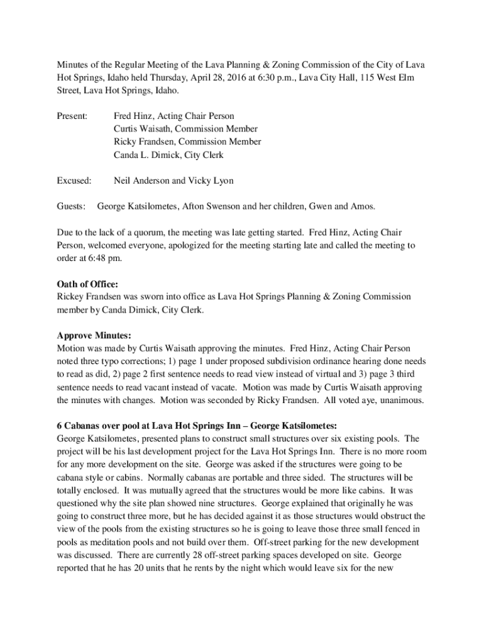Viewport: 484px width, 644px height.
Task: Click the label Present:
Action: (72, 116)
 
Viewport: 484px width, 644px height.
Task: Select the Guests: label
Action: (71, 206)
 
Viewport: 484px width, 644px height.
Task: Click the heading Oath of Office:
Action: (87, 284)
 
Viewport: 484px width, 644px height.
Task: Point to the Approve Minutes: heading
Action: (94, 336)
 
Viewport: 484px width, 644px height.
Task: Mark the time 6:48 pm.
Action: (104, 258)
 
